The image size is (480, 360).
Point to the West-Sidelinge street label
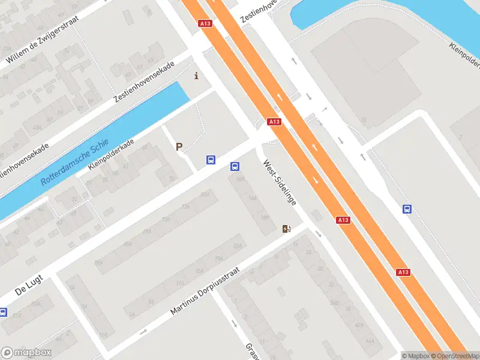280,183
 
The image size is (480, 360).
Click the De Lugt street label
26,290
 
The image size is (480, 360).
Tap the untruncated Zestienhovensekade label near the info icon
148,86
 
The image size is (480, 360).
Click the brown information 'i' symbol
196,76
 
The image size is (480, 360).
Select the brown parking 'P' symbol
179,146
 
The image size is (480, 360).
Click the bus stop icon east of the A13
407,209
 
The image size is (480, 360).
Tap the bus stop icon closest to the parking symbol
211,160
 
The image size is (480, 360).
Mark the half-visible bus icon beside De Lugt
3,312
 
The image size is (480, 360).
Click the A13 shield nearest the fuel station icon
343,220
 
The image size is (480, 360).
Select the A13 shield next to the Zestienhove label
205,23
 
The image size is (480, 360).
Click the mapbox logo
25,353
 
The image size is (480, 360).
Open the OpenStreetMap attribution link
454,356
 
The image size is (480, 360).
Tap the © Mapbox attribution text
415,356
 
